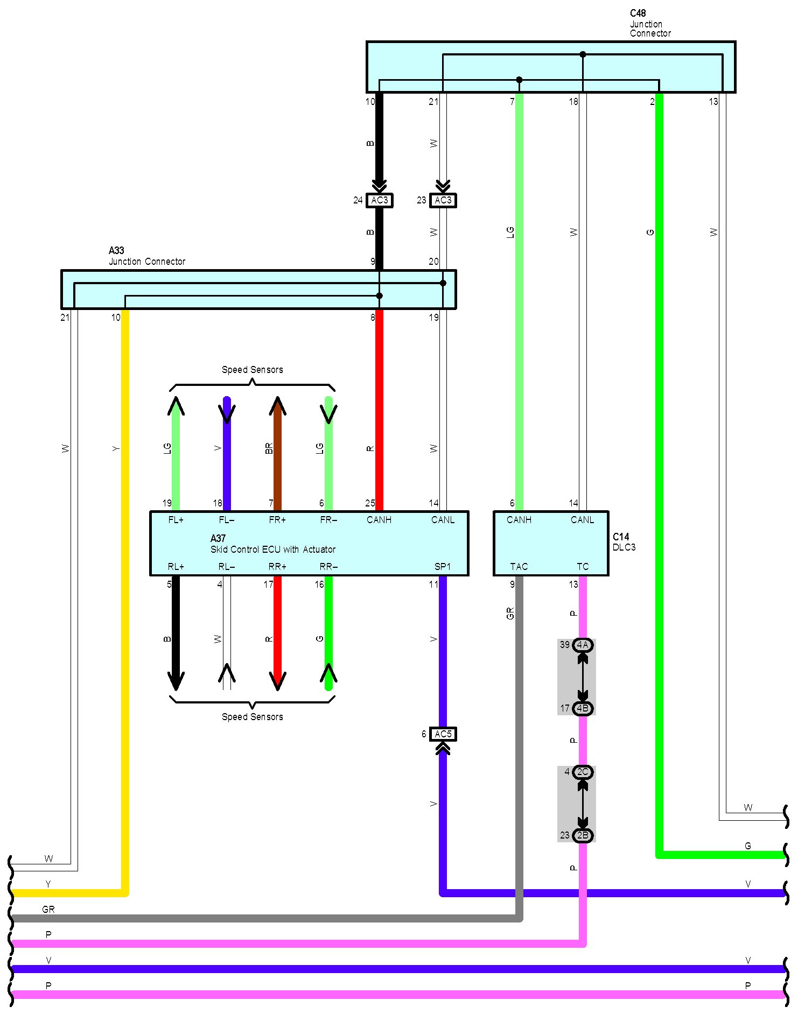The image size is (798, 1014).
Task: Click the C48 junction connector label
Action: tap(649, 23)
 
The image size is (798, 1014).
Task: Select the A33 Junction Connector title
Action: tap(146, 256)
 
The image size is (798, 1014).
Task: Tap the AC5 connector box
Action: tap(443, 734)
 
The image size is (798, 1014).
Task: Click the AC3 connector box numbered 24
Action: tap(379, 200)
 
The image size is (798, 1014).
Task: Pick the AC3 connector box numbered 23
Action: tap(443, 200)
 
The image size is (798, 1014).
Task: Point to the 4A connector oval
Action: tap(583, 645)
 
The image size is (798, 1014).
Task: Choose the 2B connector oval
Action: tap(583, 835)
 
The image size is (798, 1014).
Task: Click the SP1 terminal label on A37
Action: tap(443, 567)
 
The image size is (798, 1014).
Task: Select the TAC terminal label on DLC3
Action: tap(519, 567)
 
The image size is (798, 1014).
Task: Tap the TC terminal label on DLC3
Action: tap(583, 567)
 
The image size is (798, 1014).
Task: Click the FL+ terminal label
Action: tap(176, 520)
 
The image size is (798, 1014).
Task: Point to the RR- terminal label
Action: tap(328, 567)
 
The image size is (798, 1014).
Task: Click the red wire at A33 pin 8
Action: tap(379, 409)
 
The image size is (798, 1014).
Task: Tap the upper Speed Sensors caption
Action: tap(252, 370)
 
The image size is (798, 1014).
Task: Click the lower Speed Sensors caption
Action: tap(252, 717)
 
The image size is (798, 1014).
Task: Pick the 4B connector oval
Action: tap(583, 708)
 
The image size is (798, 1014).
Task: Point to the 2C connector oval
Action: tap(583, 772)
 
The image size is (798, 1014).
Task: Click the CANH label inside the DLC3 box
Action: tap(519, 520)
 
